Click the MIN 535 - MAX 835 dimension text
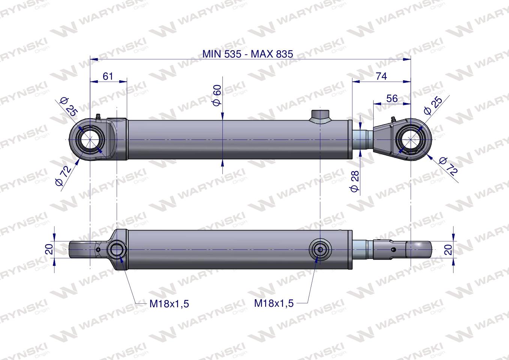[248, 54]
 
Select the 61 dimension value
[108, 76]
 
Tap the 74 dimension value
[381, 76]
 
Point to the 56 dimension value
[392, 98]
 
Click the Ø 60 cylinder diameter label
[217, 95]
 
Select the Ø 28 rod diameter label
[355, 181]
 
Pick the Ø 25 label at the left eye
[69, 106]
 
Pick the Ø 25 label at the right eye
[432, 105]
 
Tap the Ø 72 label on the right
[449, 166]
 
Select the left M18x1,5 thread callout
[169, 303]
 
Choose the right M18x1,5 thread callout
[274, 303]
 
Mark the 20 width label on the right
[448, 249]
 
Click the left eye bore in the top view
[90, 140]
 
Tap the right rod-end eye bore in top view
[411, 140]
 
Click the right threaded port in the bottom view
[320, 249]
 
